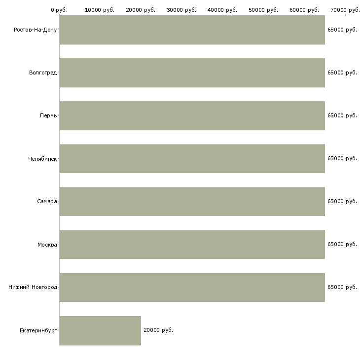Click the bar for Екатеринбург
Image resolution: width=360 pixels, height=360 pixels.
100,330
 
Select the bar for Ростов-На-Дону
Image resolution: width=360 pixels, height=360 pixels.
192,30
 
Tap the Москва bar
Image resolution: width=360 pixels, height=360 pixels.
192,245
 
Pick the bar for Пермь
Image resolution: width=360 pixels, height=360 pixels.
192,116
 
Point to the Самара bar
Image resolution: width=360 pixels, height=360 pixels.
192,202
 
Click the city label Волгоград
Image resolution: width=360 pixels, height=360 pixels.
43,73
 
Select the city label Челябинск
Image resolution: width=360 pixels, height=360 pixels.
42,159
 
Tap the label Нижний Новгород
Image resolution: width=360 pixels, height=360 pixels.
33,287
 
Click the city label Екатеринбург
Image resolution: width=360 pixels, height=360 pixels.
38,330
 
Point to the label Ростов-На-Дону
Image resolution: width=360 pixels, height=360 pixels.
36,30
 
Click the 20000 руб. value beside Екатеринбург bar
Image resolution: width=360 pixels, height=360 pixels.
158,330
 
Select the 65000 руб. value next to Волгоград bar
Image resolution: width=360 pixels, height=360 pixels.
342,72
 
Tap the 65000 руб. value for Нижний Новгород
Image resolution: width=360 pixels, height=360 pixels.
342,287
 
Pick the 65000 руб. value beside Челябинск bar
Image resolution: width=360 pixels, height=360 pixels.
342,158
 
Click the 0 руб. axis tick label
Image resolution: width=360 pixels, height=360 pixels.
59,10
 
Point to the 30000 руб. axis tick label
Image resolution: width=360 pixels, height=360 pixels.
181,10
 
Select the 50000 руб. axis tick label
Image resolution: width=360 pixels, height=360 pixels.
263,10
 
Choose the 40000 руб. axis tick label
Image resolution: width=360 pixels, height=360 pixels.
222,10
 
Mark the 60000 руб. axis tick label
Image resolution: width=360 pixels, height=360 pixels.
304,10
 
